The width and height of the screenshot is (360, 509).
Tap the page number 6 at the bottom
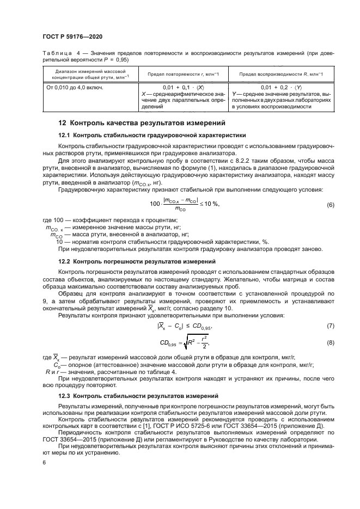tap(44, 462)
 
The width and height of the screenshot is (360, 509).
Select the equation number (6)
tap(330, 204)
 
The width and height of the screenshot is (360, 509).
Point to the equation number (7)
tap(330, 326)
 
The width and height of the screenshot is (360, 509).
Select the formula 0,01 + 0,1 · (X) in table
tap(184, 87)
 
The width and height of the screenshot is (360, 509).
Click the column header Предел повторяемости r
tap(184, 74)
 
